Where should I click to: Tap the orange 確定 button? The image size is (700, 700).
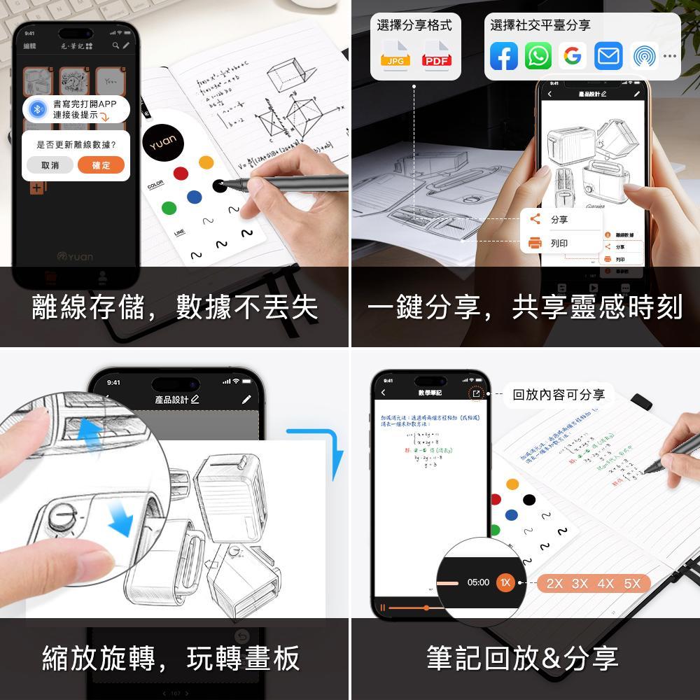coord(101,165)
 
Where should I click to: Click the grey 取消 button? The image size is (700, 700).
coord(50,165)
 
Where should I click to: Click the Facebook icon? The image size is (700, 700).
coord(503,56)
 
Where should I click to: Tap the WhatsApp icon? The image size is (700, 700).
coord(538,56)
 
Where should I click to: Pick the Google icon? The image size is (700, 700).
coord(573,56)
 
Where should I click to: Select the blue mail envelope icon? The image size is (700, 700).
coord(608,56)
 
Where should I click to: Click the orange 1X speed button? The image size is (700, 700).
coord(505,582)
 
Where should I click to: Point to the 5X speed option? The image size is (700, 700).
coord(632,584)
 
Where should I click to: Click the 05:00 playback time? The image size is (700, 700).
coord(478,582)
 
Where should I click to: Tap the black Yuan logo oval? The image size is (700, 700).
coord(164,145)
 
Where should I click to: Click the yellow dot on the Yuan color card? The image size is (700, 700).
coord(206,162)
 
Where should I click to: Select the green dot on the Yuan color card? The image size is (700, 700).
coord(169,208)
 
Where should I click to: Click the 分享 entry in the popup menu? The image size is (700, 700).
coord(559,220)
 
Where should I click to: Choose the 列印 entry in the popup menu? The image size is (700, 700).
coord(559,244)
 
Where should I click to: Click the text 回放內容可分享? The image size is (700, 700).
coord(558,394)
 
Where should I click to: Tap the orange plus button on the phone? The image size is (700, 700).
coord(37,188)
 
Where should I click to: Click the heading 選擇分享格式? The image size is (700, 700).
coord(414,26)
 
